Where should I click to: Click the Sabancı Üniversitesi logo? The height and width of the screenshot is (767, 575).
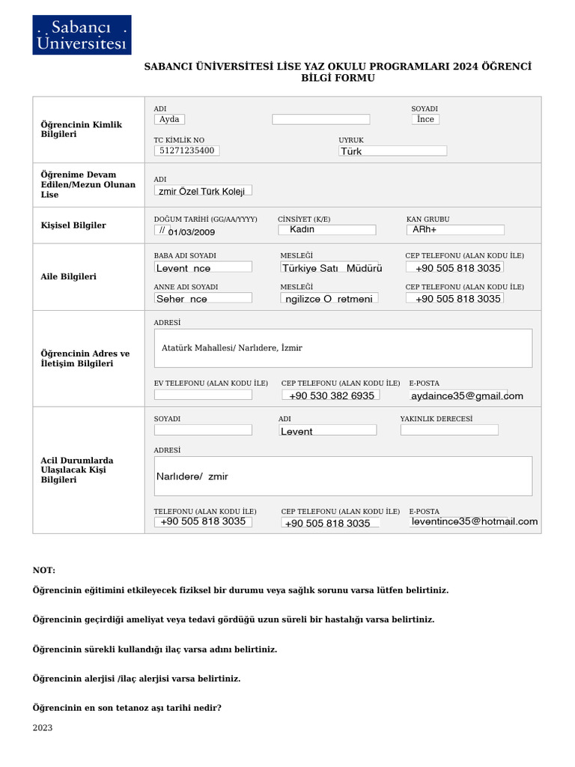coord(82,35)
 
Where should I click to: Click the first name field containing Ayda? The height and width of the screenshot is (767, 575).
coord(169,119)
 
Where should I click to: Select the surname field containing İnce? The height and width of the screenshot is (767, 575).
coord(425,119)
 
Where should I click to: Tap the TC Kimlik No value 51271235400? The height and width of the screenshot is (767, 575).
coord(186,151)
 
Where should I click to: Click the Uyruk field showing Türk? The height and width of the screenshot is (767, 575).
coord(392,151)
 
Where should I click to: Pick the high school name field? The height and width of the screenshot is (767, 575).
coord(203,191)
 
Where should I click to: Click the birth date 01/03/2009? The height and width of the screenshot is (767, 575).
coord(191,231)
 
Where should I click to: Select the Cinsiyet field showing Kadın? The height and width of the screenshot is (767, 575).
coord(326,229)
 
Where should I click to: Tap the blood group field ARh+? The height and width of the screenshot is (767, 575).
coord(455,229)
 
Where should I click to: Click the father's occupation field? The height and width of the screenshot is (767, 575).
coord(332,267)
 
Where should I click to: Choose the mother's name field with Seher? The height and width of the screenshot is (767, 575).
coord(203,298)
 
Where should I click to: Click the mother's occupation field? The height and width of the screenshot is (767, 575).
coord(329,298)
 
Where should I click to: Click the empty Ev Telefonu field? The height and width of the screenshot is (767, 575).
coord(203,395)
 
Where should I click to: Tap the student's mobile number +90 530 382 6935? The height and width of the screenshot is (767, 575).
coord(331,395)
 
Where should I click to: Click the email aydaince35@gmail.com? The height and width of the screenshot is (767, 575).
coord(466,395)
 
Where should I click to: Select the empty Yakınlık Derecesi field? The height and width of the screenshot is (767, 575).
coord(448,430)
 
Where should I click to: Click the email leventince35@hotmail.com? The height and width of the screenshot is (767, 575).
coord(474,521)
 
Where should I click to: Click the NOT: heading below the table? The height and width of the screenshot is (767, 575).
coord(44,571)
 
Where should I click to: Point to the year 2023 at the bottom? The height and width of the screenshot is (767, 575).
coord(43,727)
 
